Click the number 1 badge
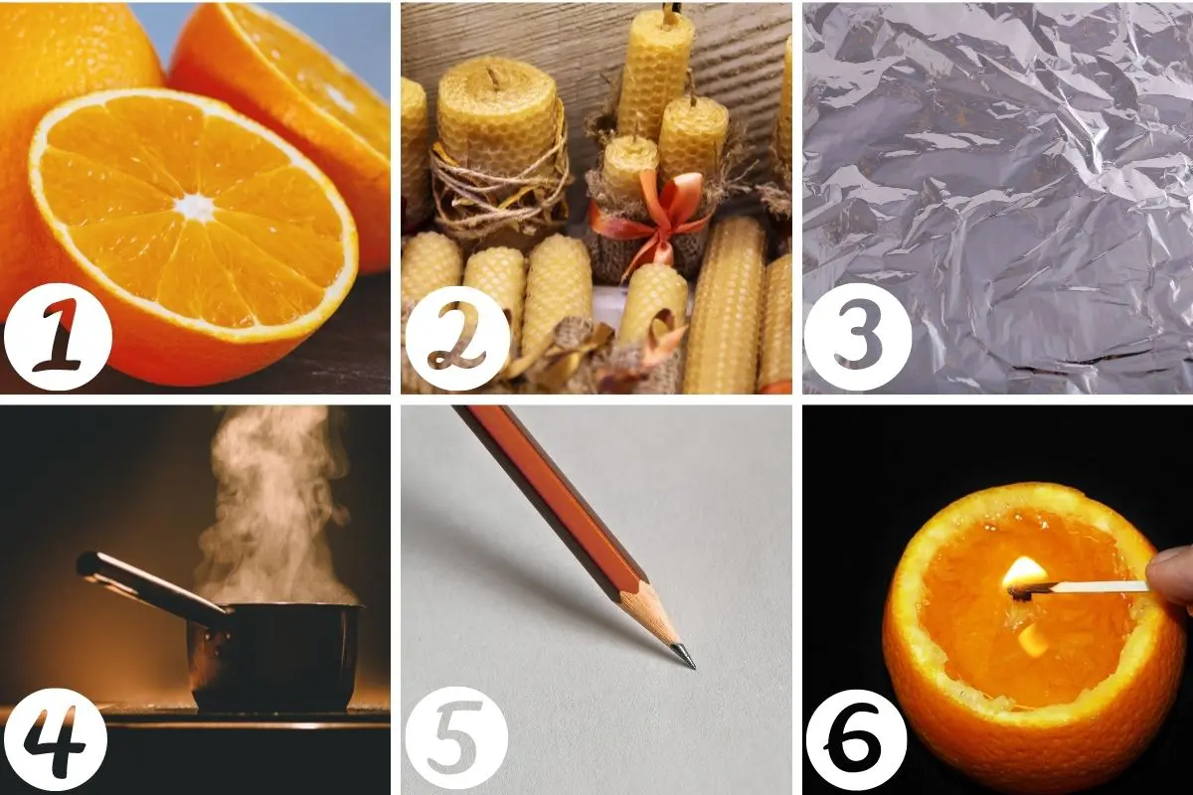58,337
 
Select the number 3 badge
857,337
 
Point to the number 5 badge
456,741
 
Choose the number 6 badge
856,740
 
